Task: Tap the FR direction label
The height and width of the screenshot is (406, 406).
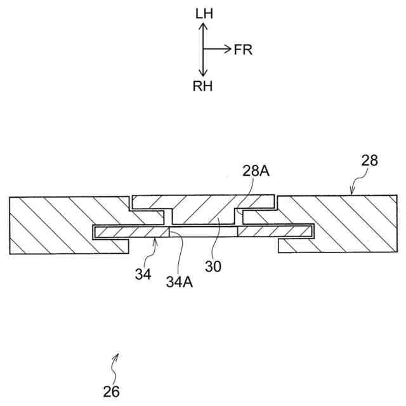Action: pos(243,50)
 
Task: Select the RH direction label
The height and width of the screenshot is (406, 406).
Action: pos(202,87)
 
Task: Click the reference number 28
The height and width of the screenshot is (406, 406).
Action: pos(369,160)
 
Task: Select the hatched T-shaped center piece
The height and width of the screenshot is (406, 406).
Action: pos(203,209)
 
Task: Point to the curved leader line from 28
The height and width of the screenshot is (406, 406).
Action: pos(357,184)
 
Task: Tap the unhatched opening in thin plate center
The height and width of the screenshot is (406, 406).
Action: pos(203,233)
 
